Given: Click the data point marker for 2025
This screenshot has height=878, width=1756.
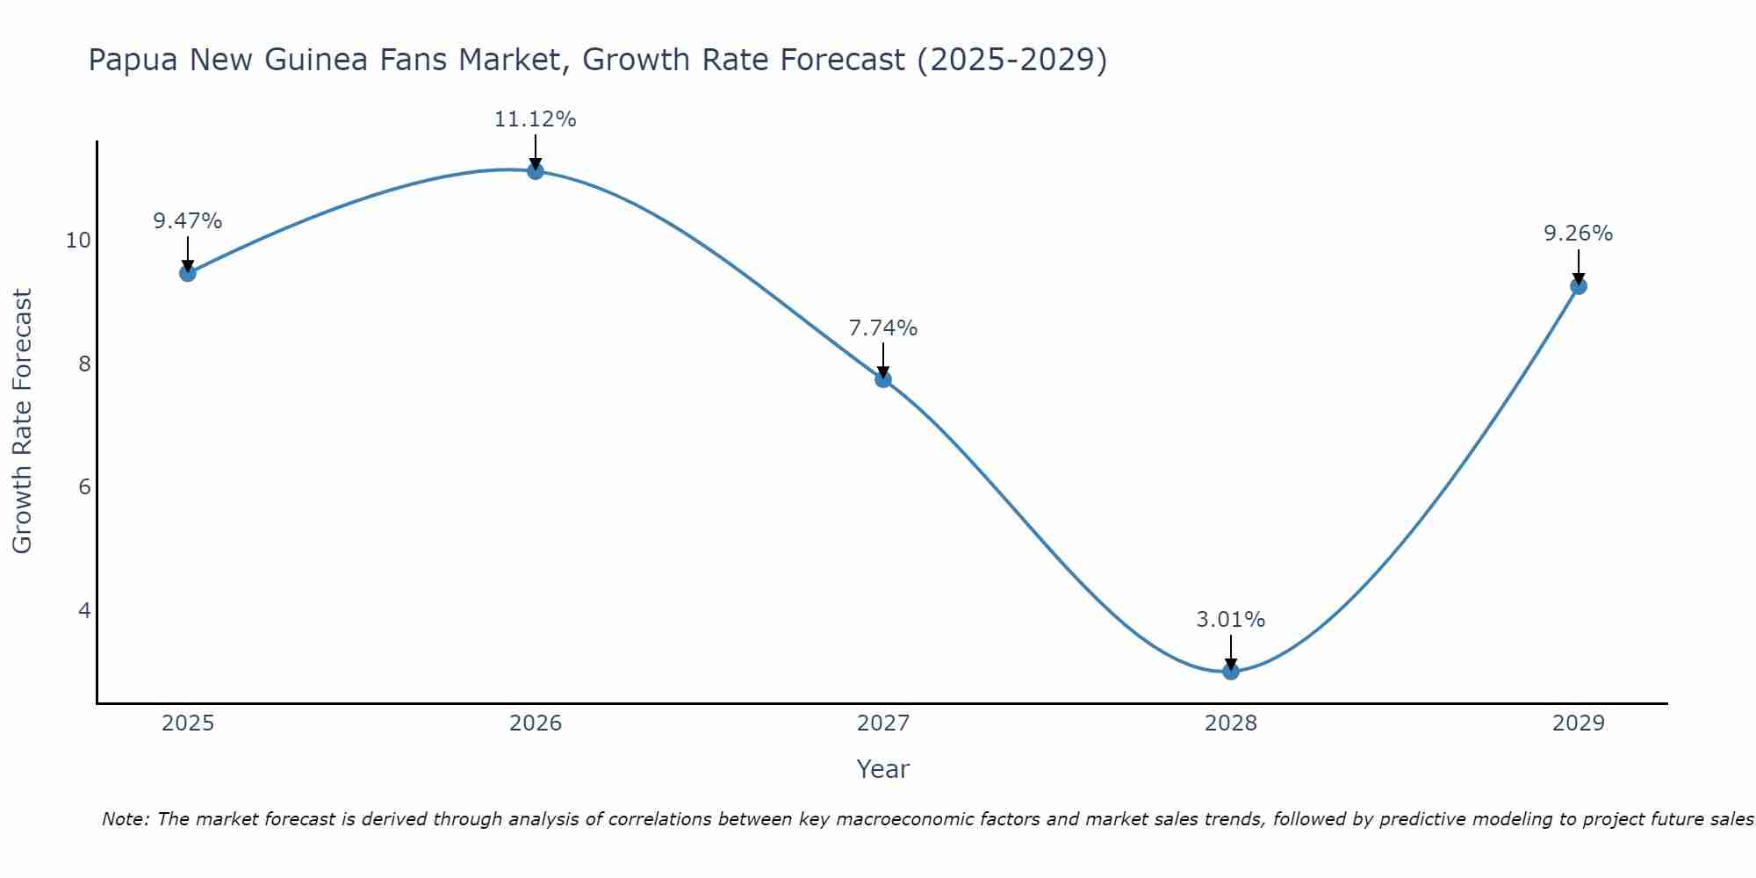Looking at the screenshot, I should tap(187, 273).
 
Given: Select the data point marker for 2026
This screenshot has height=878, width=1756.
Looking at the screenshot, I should tap(536, 171).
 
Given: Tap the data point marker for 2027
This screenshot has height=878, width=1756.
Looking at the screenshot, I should tap(883, 379).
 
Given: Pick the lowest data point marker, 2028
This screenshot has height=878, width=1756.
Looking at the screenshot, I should tap(1231, 672).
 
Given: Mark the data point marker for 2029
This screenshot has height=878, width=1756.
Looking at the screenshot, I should tap(1579, 286).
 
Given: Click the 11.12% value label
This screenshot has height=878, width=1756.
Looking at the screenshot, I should tap(535, 119).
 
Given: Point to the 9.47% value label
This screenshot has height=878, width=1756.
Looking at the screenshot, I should tap(187, 221).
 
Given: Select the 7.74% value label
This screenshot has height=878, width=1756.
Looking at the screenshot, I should tap(882, 328).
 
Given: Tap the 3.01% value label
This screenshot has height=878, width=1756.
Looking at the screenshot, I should tap(1230, 620).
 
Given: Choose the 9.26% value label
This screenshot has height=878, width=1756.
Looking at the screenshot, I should tap(1578, 234).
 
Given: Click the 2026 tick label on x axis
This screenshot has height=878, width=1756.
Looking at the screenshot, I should tap(536, 723).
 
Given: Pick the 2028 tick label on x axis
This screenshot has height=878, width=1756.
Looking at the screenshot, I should tap(1231, 723).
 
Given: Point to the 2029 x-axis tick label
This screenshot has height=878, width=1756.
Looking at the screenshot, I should tap(1579, 723).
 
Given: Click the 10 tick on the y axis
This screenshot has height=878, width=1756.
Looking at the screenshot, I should tap(78, 241).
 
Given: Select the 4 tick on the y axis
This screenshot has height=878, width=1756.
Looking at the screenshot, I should tap(84, 610).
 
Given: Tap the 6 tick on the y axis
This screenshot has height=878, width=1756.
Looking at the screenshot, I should tap(84, 487).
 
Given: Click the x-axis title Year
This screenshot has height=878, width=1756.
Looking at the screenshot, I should tap(882, 769).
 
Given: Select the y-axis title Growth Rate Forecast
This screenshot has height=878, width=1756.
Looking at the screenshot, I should tap(22, 421).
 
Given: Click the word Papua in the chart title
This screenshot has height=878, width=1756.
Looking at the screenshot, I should tap(133, 61).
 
